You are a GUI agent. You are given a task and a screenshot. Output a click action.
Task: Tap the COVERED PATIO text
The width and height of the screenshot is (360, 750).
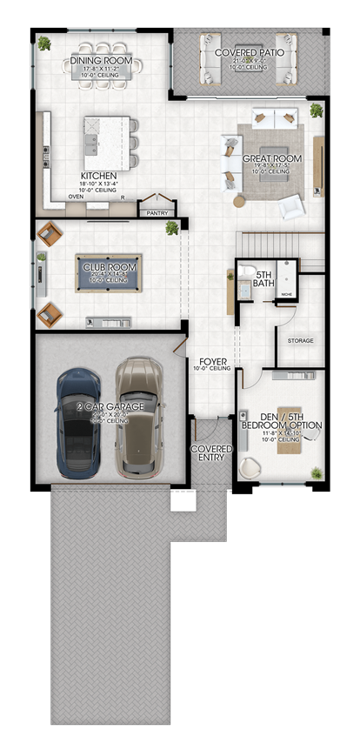(x=249, y=53)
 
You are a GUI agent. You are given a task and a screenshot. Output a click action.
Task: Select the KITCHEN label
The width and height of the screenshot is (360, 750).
(x=98, y=175)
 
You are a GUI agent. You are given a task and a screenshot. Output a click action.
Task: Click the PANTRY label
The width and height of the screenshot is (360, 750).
(x=157, y=211)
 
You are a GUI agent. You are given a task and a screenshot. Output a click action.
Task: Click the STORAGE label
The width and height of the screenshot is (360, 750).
(x=301, y=341)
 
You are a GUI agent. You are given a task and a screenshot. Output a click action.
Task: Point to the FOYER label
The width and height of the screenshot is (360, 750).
(x=214, y=360)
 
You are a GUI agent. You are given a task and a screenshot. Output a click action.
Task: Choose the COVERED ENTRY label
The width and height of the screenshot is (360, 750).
(x=212, y=453)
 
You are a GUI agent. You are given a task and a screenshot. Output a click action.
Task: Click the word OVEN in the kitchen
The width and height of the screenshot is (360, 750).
(x=76, y=197)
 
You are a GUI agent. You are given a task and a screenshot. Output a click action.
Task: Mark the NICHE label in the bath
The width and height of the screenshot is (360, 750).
(x=287, y=296)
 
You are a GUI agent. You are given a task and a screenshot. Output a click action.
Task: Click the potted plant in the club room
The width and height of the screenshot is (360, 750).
(x=172, y=228)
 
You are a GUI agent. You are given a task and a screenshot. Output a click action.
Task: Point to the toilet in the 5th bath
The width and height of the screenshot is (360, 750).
(x=246, y=271)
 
